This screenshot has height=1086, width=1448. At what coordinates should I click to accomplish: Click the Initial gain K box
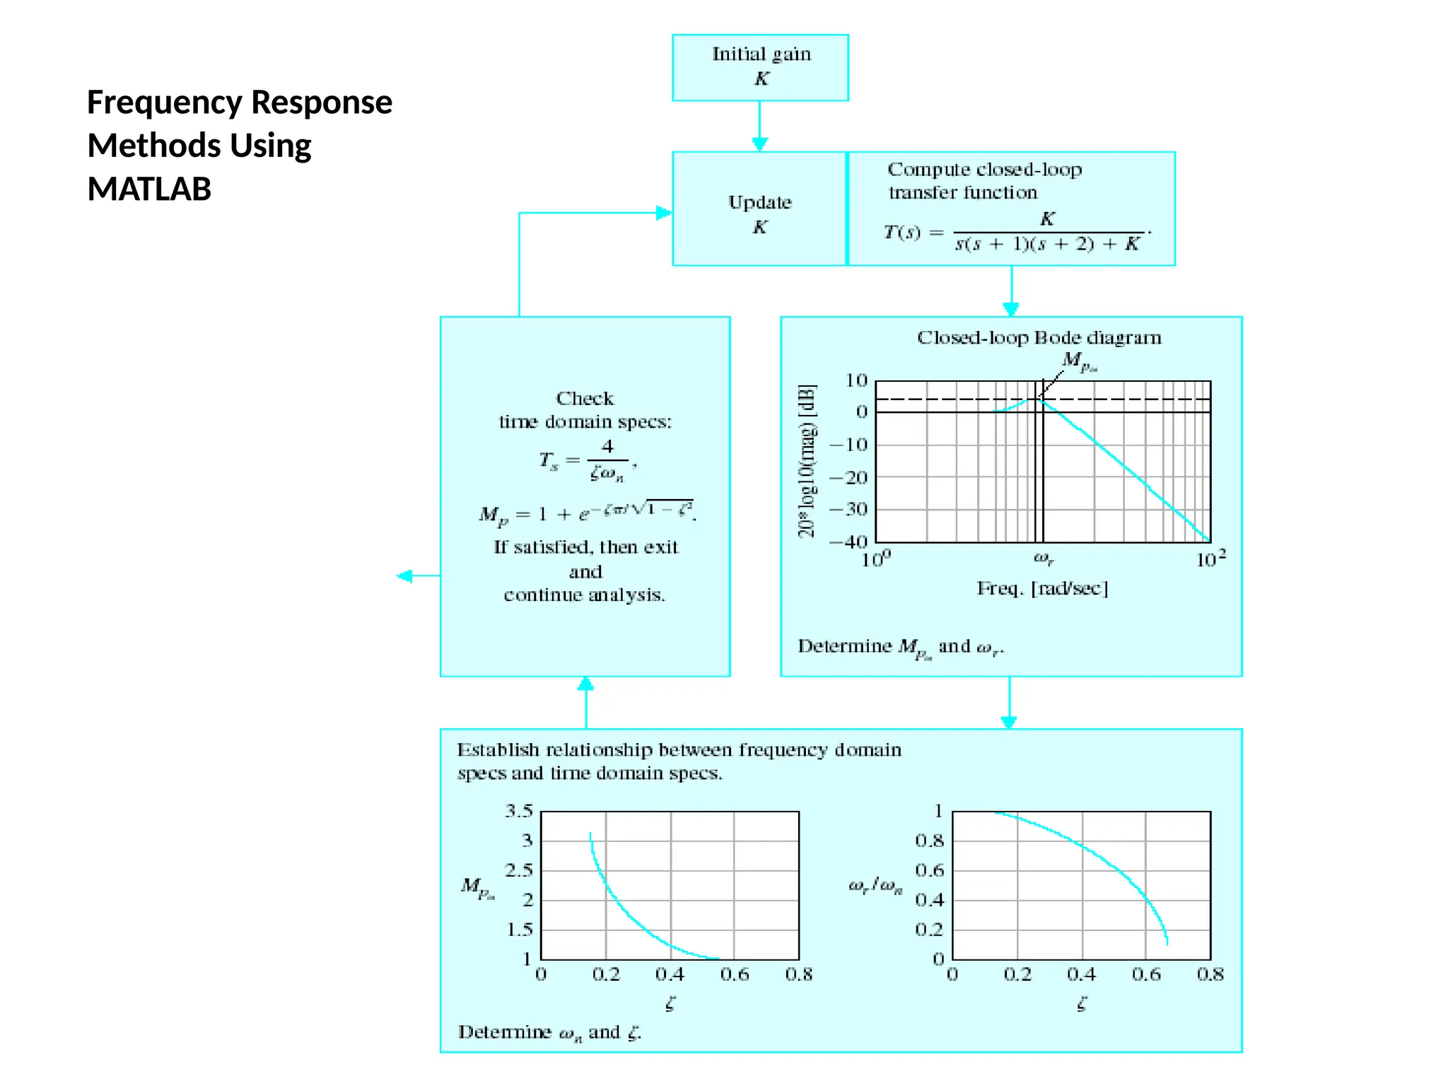(760, 67)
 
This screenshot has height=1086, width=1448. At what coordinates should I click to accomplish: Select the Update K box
(759, 209)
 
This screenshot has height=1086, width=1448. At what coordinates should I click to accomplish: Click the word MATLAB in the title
(149, 189)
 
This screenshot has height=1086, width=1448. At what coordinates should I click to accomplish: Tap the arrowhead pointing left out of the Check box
(404, 576)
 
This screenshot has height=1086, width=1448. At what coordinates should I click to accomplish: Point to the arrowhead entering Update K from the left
(663, 213)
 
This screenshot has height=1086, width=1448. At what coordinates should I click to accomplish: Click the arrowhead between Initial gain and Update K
(759, 144)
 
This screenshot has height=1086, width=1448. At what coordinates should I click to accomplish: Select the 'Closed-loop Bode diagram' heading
(1039, 338)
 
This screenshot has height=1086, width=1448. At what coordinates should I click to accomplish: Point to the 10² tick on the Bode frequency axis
(1210, 559)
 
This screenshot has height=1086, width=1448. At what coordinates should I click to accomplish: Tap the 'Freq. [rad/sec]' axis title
(1042, 588)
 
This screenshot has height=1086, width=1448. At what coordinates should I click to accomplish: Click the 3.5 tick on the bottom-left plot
(518, 811)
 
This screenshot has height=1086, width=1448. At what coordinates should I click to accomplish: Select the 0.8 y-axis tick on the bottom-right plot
(929, 841)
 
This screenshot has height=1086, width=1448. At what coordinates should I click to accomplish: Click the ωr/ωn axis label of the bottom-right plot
(875, 886)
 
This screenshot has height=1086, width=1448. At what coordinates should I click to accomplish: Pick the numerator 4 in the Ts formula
(607, 447)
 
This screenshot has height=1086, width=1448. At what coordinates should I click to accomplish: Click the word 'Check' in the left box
(585, 399)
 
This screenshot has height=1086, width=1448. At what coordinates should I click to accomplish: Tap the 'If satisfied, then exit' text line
(585, 547)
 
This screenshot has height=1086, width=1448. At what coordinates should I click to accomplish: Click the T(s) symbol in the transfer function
(902, 232)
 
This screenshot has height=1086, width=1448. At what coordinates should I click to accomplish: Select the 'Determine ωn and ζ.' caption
(549, 1032)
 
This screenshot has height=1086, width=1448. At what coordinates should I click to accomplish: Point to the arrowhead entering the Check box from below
(585, 684)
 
